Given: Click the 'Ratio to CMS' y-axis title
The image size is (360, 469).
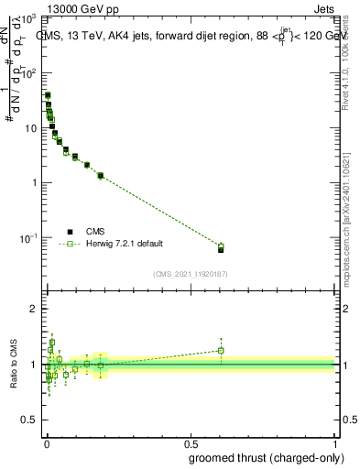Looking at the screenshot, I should [13, 364].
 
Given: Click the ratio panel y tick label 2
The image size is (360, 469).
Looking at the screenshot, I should [32, 309].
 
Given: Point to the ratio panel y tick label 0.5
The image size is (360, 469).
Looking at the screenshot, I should [27, 420].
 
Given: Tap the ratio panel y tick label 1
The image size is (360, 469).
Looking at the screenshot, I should [32, 365].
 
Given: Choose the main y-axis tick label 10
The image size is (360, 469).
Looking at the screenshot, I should [30, 127].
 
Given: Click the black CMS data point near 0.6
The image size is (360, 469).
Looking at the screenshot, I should [221, 249].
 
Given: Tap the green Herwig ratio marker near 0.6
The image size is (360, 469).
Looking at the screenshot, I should [221, 350].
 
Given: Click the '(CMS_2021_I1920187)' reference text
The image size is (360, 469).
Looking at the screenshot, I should [191, 273].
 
